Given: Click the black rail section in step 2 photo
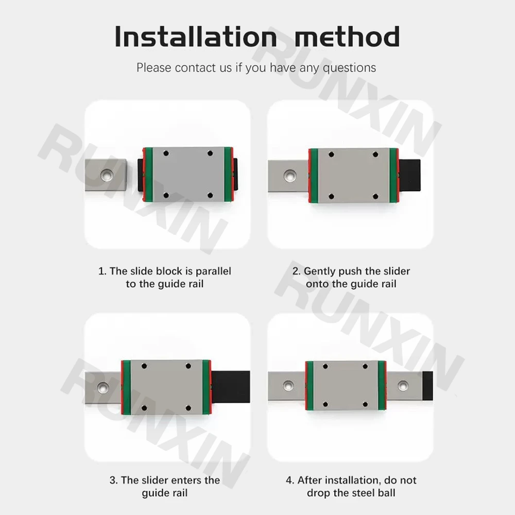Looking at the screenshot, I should (x=411, y=176).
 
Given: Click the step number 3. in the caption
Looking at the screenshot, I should (x=113, y=480).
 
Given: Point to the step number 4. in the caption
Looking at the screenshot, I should (x=290, y=480).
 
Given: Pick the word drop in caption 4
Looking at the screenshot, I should (x=319, y=493).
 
